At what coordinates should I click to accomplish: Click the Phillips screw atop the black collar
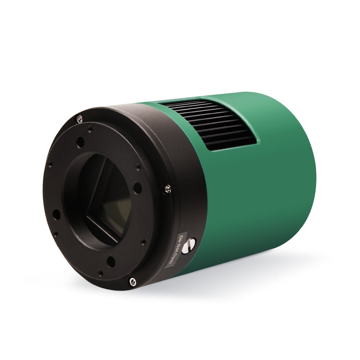(80, 118)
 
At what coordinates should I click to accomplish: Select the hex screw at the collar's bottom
(132, 282)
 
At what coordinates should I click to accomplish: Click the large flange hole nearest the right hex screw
(137, 188)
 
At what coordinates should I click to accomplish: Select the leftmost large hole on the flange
(57, 215)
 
